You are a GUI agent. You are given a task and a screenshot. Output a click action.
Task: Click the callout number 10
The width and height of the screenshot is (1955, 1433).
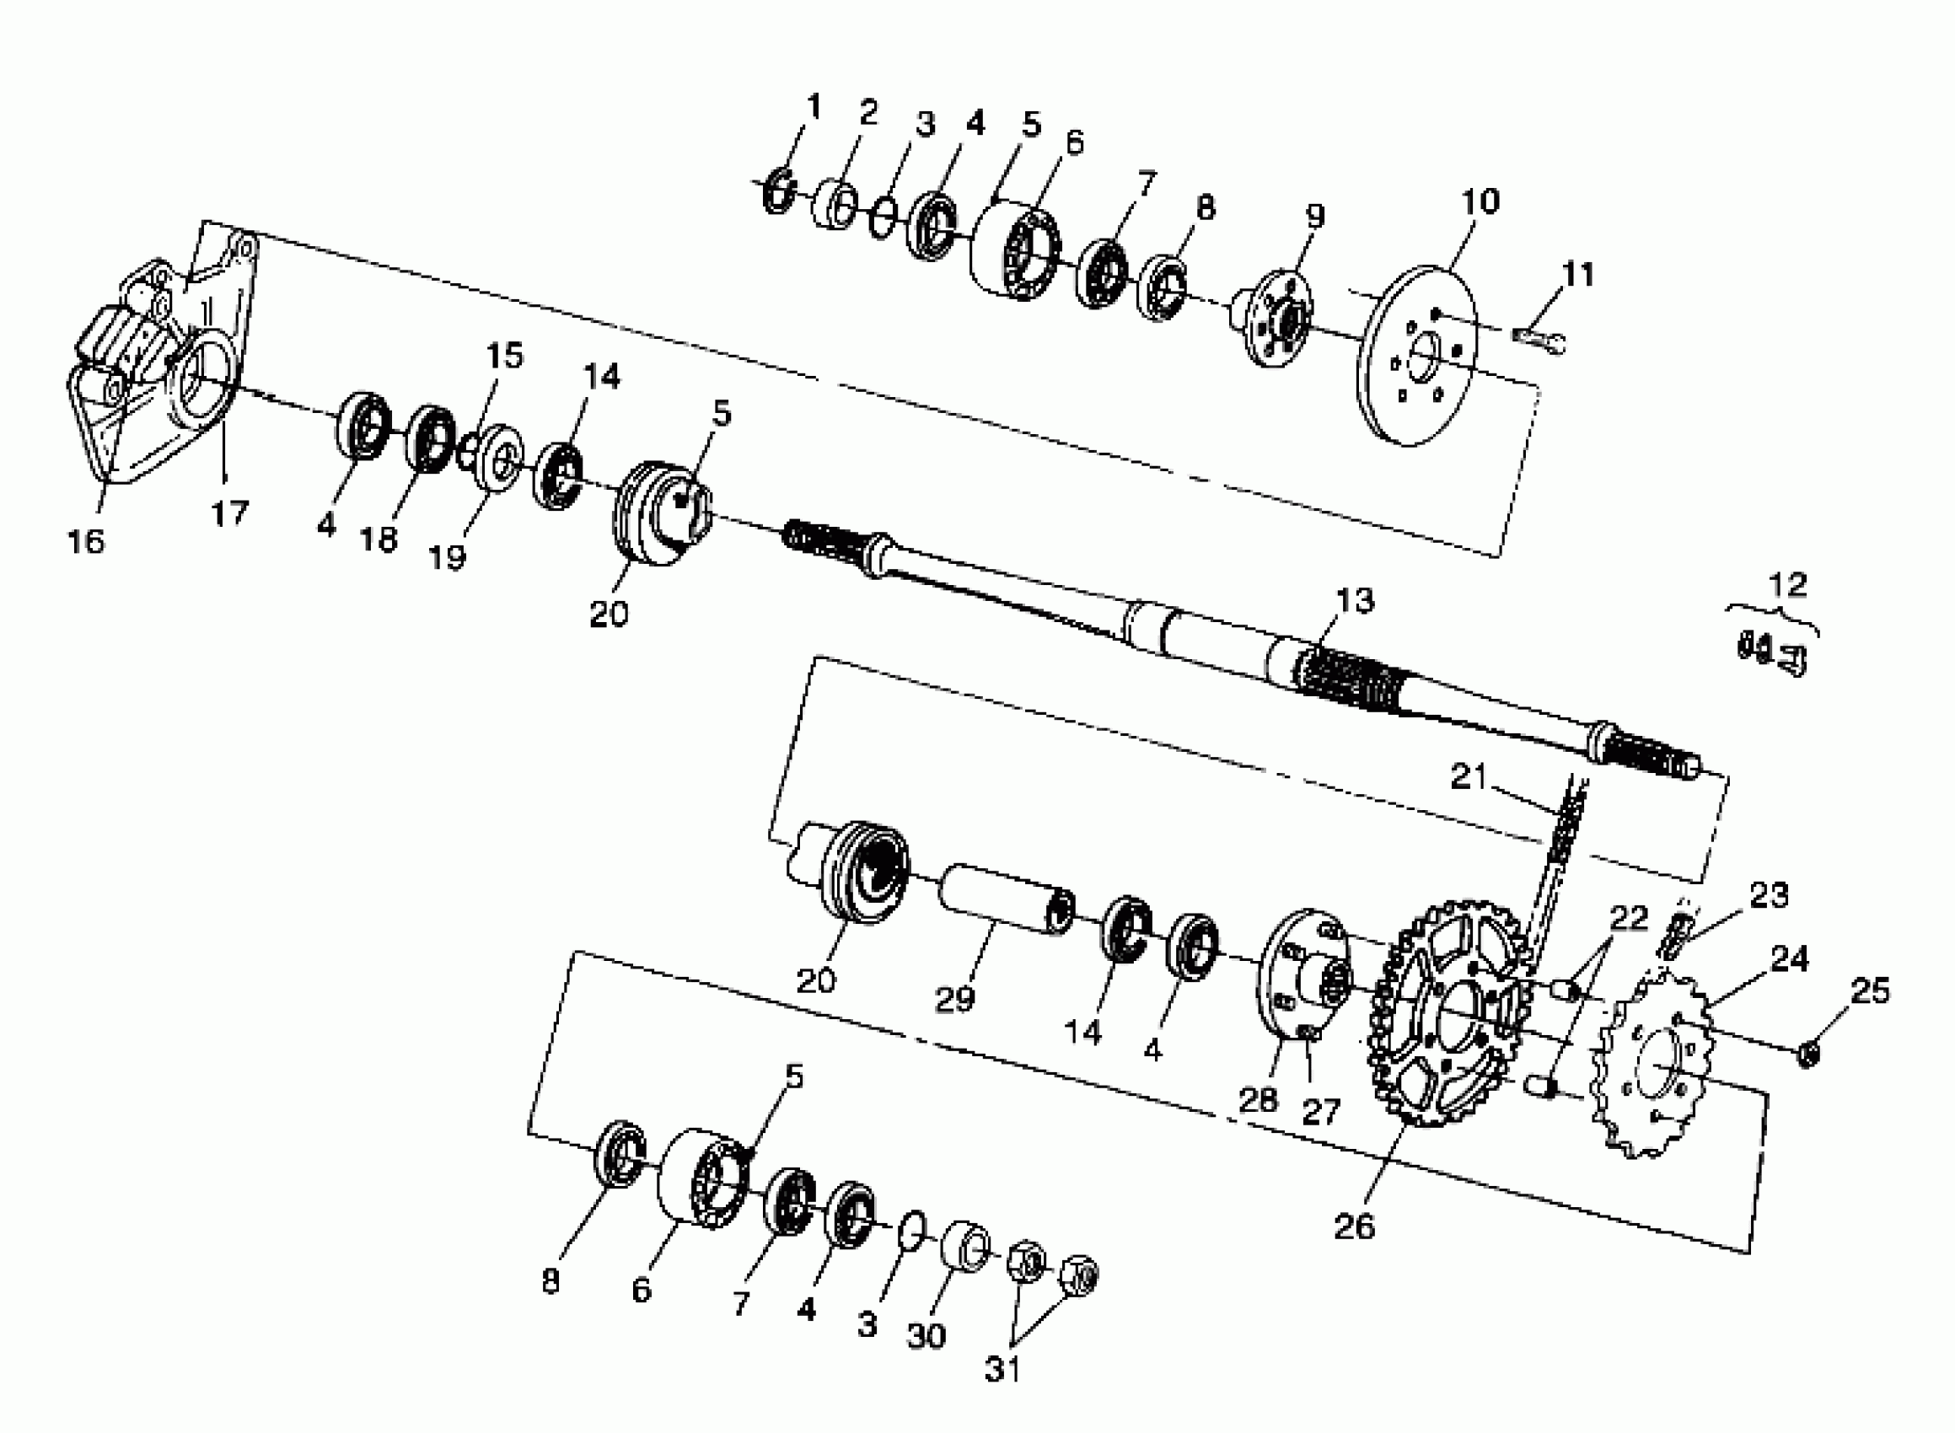(1480, 201)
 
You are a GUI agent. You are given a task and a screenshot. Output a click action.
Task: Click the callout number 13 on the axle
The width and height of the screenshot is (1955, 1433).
(1355, 600)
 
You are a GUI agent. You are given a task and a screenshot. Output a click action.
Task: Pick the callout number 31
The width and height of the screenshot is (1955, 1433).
(1002, 1369)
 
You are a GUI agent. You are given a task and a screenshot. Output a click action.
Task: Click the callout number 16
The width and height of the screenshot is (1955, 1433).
(86, 541)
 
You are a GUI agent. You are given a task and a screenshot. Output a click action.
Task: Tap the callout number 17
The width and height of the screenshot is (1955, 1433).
(230, 513)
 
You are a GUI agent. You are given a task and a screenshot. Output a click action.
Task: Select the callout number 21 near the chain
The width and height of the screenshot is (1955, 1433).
(1469, 777)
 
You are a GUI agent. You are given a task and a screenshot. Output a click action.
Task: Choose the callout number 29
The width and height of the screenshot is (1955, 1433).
(955, 999)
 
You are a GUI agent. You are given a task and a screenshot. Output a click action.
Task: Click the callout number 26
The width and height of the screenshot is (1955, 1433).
(1355, 1226)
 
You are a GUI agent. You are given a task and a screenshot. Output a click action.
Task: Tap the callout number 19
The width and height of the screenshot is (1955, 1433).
(448, 557)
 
